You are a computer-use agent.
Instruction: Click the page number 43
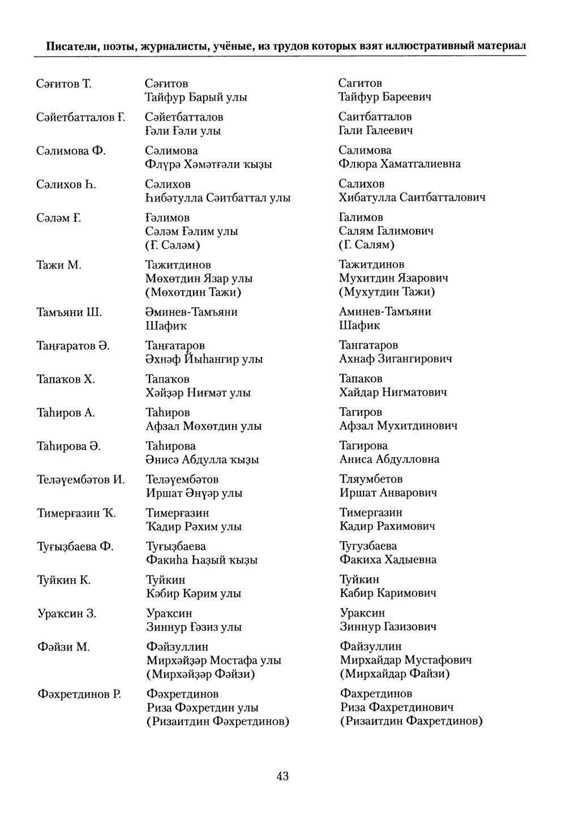[x=282, y=777]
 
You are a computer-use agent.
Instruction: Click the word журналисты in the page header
[x=175, y=45]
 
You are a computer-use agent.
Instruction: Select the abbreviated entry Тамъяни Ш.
[x=69, y=313]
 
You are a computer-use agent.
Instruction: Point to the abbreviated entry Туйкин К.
[x=64, y=580]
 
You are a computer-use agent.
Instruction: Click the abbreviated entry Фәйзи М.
[x=63, y=647]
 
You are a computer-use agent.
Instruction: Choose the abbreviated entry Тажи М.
[x=59, y=265]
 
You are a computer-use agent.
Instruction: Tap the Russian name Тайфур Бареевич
[x=385, y=97]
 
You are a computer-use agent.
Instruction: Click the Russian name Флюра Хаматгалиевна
[x=400, y=164]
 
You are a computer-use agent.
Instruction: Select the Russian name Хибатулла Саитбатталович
[x=412, y=198]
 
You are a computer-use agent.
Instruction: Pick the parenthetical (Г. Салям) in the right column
[x=367, y=245]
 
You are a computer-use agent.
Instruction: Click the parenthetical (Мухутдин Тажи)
[x=387, y=292]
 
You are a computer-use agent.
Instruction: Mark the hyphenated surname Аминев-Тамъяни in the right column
[x=385, y=312]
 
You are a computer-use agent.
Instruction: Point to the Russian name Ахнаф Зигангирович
[x=396, y=359]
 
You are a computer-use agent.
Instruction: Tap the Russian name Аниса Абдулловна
[x=389, y=459]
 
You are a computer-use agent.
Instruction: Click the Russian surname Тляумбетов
[x=371, y=479]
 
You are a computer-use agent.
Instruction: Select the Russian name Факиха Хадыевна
[x=388, y=560]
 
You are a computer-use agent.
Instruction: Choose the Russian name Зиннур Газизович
[x=388, y=627]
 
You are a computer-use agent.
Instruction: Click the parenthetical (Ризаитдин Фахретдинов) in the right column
[x=411, y=721]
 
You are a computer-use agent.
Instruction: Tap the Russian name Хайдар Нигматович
[x=393, y=392]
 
